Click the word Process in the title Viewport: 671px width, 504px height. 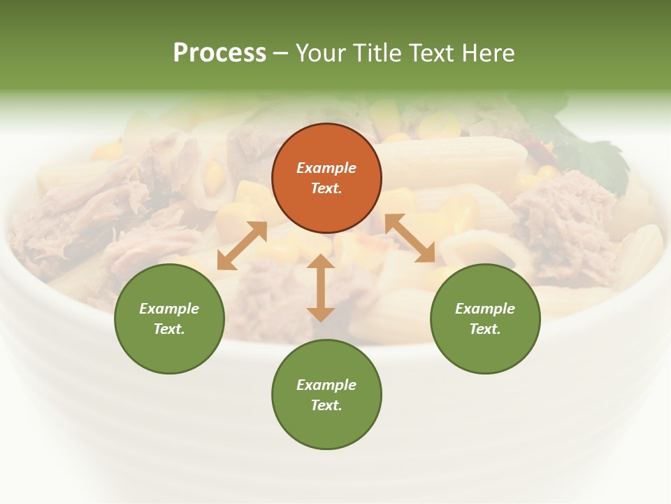click(219, 53)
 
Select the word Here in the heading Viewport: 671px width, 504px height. click(487, 53)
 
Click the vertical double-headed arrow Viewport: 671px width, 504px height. click(321, 288)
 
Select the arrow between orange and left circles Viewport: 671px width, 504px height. click(242, 246)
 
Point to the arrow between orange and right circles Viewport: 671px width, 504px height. click(410, 238)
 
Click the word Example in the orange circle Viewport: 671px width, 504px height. click(326, 168)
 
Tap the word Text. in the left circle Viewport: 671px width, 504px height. click(169, 329)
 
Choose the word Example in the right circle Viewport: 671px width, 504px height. click(485, 309)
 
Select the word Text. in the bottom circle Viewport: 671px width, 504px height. click(326, 405)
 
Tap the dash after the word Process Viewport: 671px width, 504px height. click(281, 53)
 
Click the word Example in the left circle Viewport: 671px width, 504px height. click(169, 309)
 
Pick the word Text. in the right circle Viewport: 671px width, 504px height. click(485, 329)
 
